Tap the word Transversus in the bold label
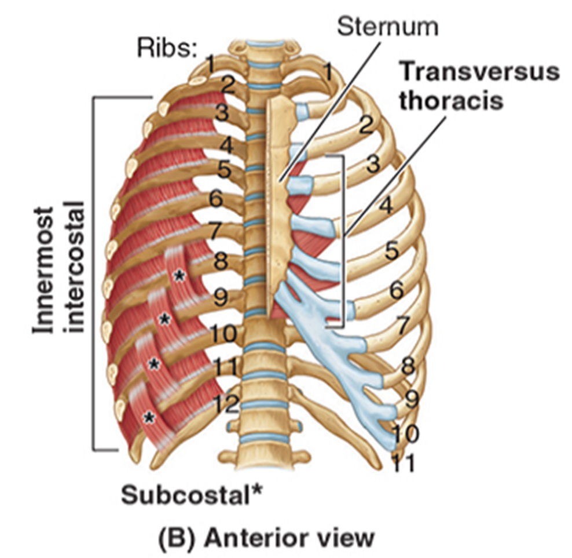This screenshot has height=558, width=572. [x=480, y=72]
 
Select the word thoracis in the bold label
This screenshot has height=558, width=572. [x=452, y=101]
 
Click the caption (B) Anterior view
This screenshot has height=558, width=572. [x=266, y=537]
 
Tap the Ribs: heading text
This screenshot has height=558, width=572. [x=167, y=49]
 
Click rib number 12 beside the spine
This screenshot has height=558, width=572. [x=225, y=403]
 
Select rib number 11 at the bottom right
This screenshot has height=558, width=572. [x=403, y=463]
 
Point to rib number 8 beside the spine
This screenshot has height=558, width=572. [x=221, y=261]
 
